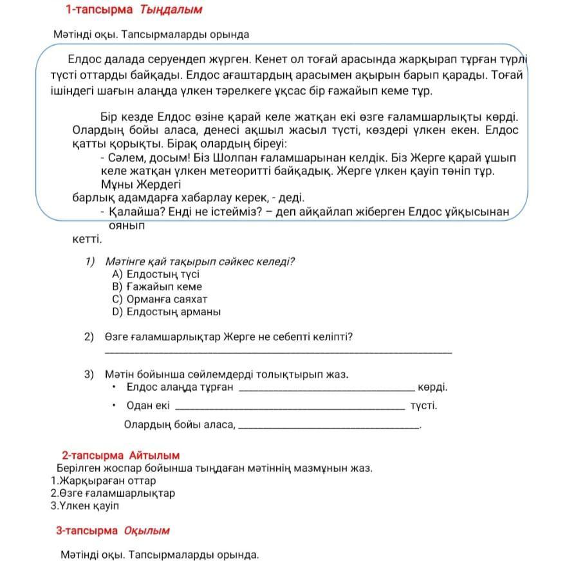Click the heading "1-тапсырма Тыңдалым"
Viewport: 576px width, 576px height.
click(x=133, y=10)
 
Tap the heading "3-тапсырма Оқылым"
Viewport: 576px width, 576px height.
click(x=113, y=531)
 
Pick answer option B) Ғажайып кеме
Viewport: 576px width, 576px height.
click(x=156, y=286)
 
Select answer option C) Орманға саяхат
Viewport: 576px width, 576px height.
click(x=160, y=299)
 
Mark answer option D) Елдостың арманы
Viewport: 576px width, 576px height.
click(x=166, y=311)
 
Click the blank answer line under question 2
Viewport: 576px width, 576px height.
click(x=277, y=351)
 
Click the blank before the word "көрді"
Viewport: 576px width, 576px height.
click(x=326, y=390)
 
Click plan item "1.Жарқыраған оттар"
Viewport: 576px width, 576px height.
click(x=103, y=481)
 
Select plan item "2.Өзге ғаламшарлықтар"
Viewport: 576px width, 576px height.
click(x=113, y=493)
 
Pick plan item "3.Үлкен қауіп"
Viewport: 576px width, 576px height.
click(x=85, y=505)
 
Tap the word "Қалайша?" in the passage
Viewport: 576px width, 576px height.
click(x=133, y=212)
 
